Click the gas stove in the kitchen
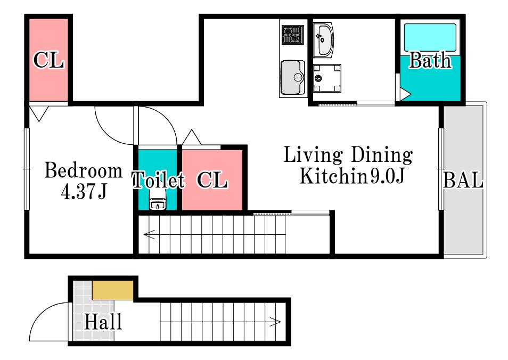[292, 35]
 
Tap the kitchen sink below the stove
[292, 77]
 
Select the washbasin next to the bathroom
[323, 40]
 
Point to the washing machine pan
[327, 78]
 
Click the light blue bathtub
[430, 37]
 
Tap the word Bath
[430, 60]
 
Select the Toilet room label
[158, 179]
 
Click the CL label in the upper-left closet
[48, 60]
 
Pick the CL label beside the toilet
[212, 179]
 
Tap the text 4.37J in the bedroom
[84, 192]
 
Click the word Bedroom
[84, 170]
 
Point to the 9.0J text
[388, 176]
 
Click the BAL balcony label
[463, 180]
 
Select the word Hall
[103, 322]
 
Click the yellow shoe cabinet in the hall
[113, 290]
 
